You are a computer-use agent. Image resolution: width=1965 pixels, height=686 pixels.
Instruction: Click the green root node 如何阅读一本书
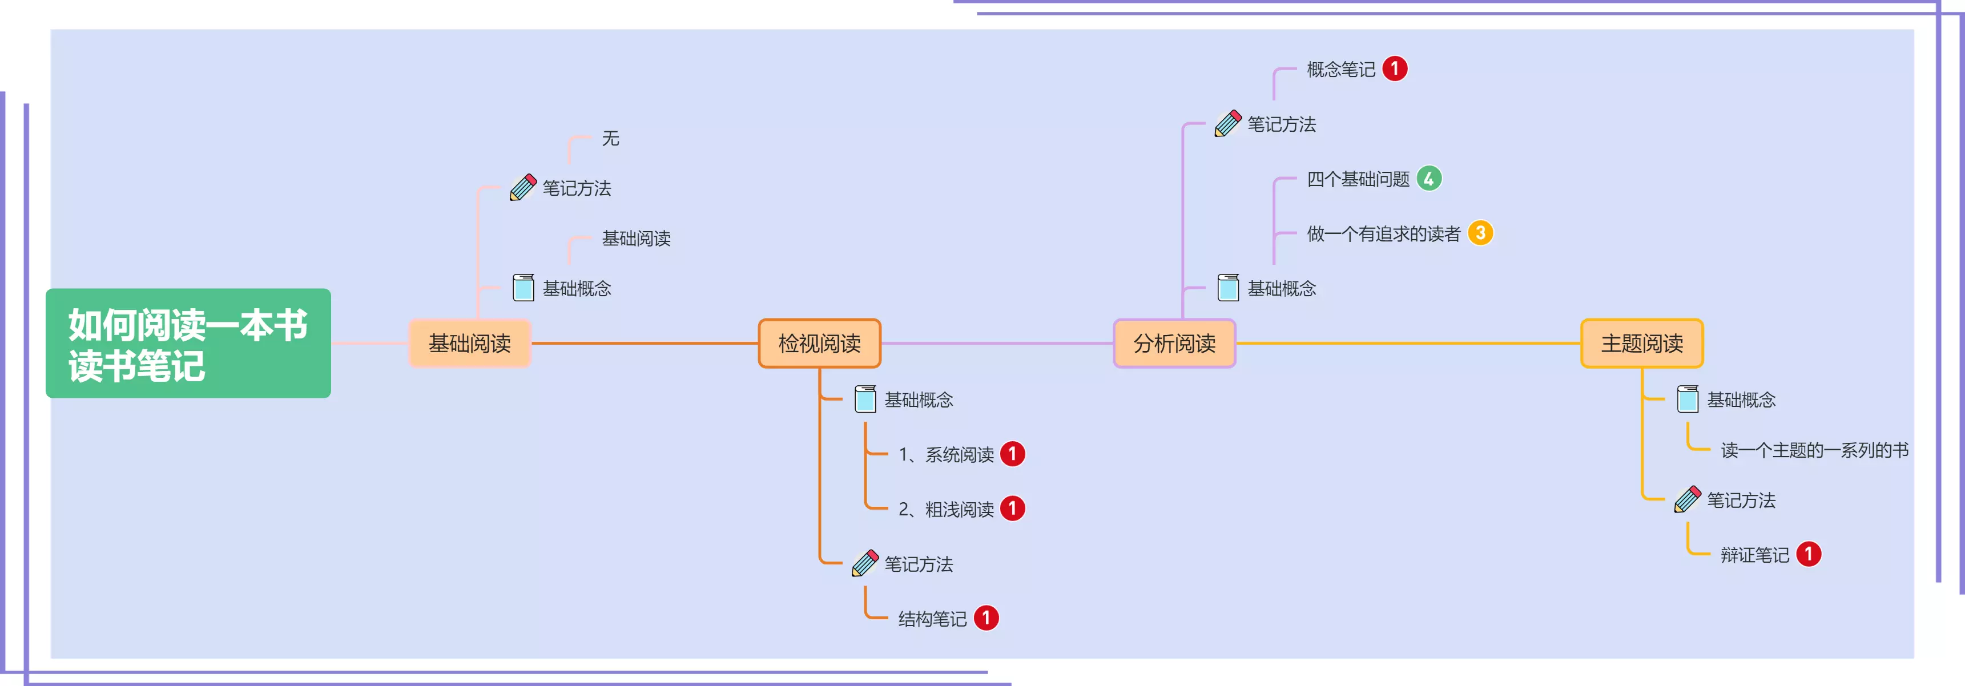(x=188, y=343)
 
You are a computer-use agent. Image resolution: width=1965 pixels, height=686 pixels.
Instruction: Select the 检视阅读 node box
(x=819, y=343)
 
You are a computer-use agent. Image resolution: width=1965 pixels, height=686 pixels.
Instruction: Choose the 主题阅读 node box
(x=1641, y=343)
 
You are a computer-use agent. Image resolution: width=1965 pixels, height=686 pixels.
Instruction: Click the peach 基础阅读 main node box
(x=469, y=343)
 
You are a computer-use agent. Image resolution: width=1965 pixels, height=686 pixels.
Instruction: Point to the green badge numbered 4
(x=1429, y=179)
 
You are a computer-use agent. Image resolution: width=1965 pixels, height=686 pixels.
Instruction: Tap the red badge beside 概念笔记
(x=1395, y=68)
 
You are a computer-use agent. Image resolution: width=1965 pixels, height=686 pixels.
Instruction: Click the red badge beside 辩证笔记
(x=1808, y=554)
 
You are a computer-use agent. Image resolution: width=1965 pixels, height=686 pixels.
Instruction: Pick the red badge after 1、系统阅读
(x=1012, y=454)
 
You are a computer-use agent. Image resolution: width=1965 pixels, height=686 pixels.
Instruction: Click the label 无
(x=610, y=138)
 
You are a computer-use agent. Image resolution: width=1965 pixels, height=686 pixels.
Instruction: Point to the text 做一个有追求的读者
(x=1383, y=233)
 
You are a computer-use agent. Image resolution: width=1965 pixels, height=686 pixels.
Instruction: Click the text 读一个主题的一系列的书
(x=1814, y=450)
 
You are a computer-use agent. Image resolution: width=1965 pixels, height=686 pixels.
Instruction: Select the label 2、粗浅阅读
(x=946, y=509)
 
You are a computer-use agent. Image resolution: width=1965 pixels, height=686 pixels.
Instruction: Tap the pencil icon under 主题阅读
(x=1688, y=499)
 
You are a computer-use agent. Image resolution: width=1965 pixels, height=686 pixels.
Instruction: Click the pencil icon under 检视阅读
(x=865, y=563)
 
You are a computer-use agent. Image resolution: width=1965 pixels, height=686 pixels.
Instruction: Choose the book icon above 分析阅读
(x=1228, y=288)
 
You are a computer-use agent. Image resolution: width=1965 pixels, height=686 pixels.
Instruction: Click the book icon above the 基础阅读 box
(x=524, y=288)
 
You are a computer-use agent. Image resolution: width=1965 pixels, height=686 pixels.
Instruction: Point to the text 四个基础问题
(x=1358, y=179)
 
